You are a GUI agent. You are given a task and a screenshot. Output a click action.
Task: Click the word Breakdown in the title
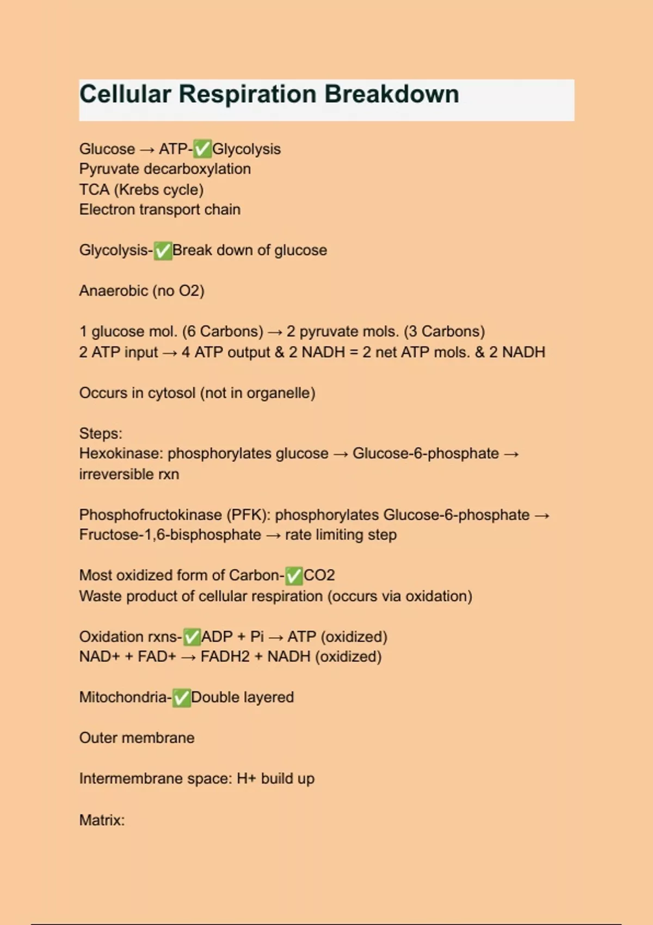tap(392, 94)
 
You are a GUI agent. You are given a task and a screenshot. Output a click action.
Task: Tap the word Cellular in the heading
tap(125, 94)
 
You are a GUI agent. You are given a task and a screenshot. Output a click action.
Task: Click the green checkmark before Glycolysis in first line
tap(202, 149)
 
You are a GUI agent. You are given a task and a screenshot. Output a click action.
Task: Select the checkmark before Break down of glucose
tap(163, 251)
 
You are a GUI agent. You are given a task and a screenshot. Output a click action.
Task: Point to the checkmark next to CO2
tap(294, 576)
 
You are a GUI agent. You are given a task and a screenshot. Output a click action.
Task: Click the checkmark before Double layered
tap(182, 698)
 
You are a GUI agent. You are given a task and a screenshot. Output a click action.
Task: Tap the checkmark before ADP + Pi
tap(192, 637)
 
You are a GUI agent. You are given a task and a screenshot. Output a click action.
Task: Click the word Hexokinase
tap(121, 454)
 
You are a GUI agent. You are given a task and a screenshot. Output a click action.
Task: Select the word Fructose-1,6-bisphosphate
tap(170, 535)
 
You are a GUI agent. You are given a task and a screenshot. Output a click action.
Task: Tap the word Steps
tap(100, 434)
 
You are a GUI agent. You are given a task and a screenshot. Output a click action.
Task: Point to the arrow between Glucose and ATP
tap(147, 150)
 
